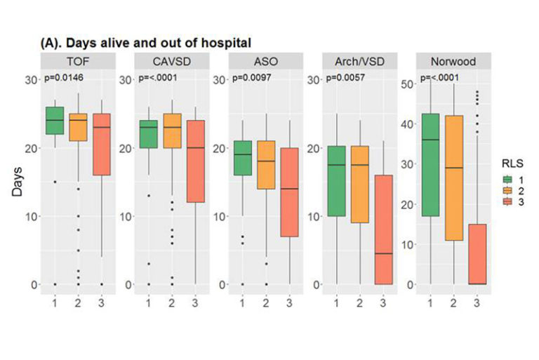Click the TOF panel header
(x=77, y=61)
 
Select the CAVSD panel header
(x=171, y=61)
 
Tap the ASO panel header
(x=265, y=61)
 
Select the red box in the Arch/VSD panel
(x=383, y=229)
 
